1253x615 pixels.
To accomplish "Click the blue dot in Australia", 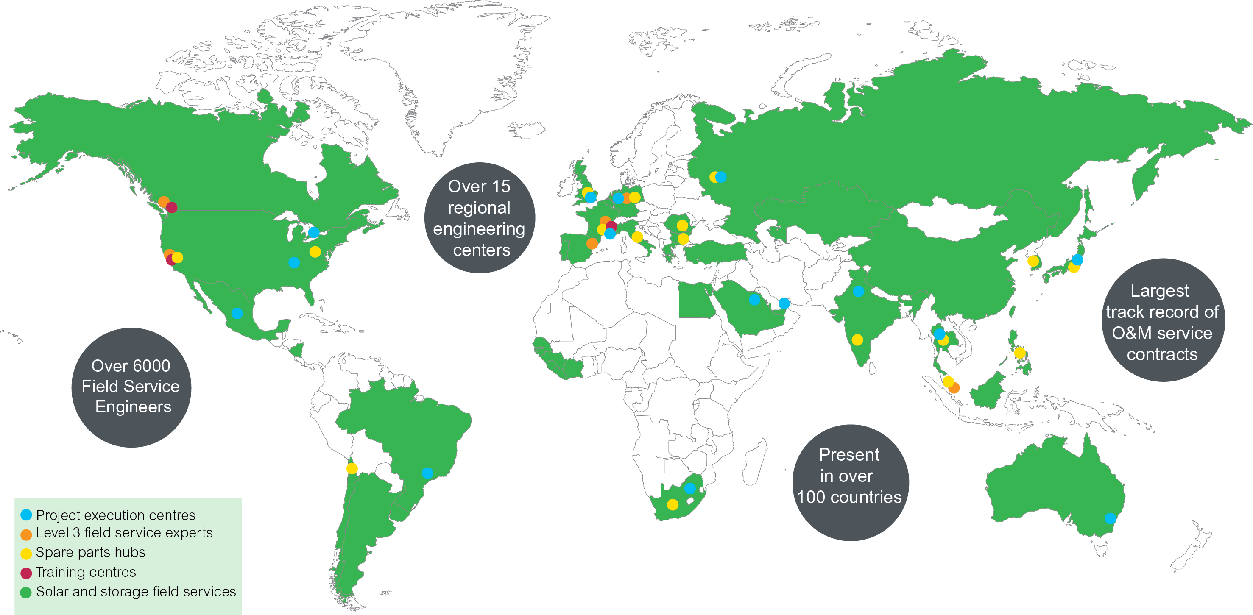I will coord(1110,518).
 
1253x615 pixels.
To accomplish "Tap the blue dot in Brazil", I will coord(427,473).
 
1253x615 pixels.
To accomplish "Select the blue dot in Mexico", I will coord(237,313).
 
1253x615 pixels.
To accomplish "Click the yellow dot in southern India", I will coord(857,340).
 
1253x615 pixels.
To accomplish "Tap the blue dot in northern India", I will coord(859,291).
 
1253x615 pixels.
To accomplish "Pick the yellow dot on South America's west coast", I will coord(352,469).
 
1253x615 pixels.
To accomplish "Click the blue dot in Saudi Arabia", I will coord(754,299).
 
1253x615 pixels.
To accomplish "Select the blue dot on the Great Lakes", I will coord(314,232).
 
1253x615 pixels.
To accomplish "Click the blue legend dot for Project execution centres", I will coord(26,515).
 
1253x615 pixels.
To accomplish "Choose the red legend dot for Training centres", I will coord(26,573).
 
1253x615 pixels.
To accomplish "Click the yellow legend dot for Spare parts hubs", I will coord(26,553).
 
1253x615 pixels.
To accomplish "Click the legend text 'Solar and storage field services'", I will coord(136,592).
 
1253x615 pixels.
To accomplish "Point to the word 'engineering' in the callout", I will coord(479,228).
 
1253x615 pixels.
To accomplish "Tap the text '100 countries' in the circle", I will coord(849,497).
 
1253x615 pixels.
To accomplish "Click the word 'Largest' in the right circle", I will coord(1159,291).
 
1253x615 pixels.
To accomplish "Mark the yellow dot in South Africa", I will coord(673,505).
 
